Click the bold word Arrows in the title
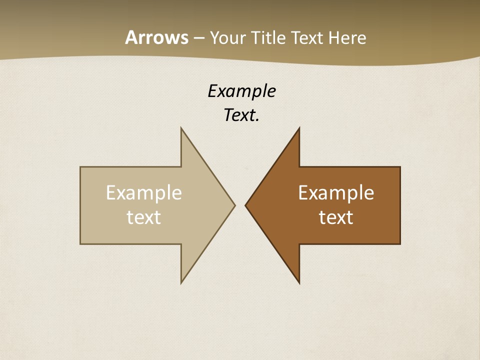pos(156,37)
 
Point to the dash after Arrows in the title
pos(198,38)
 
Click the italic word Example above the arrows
pos(241,91)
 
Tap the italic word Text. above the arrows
pos(241,115)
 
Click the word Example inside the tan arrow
pos(144,192)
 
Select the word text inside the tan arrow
pos(144,217)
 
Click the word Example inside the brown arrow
pos(336,192)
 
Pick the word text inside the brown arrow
pos(336,217)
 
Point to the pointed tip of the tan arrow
pos(235,205)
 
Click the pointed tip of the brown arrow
pos(245,205)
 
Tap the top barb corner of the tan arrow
pos(181,128)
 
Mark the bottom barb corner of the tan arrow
pos(181,283)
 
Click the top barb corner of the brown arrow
pos(299,128)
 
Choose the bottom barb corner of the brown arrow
pos(299,283)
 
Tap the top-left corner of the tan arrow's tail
pos(80,167)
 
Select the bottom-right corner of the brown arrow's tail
pos(400,244)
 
